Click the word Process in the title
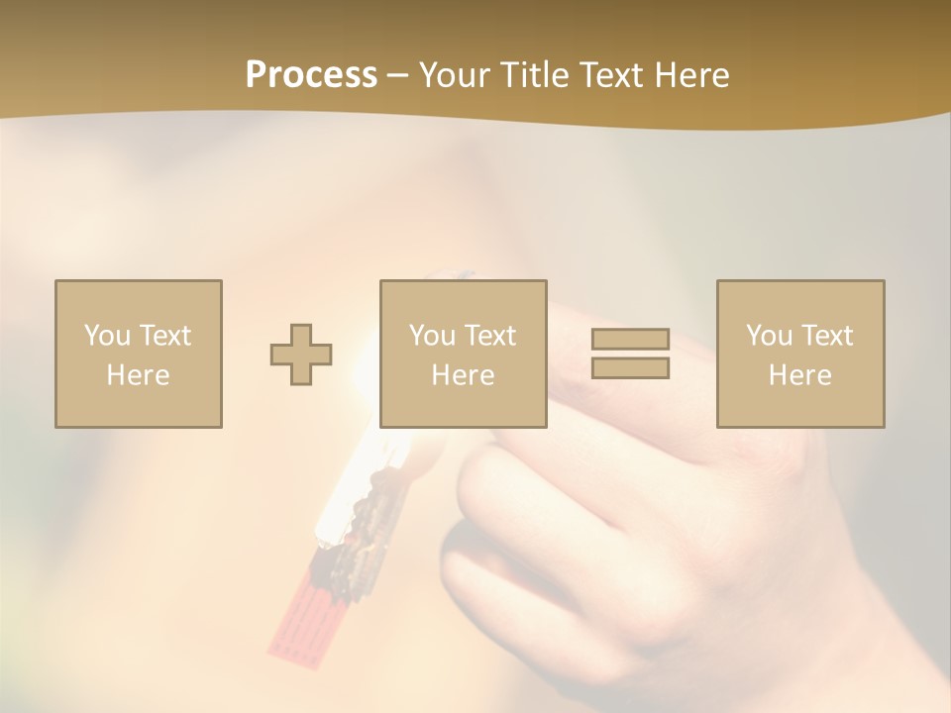point(311,75)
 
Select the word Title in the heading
point(534,75)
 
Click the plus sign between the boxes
point(301,355)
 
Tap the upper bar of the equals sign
point(630,340)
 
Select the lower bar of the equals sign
point(630,367)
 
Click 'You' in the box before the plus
point(107,336)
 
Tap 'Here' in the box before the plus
point(138,375)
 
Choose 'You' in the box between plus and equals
point(432,336)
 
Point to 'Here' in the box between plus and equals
point(463,375)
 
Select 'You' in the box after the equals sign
point(769,336)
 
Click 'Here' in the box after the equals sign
point(799,375)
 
